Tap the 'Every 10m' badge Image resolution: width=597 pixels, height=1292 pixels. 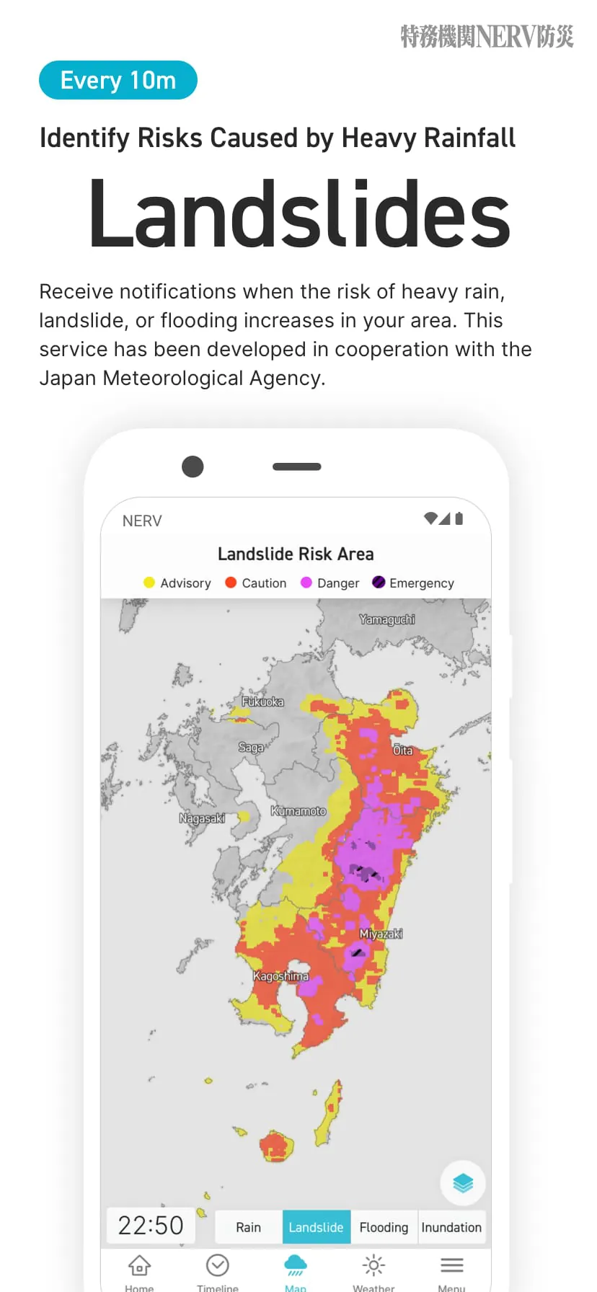pyautogui.click(x=118, y=80)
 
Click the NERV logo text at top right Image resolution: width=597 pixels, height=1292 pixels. pyautogui.click(x=487, y=36)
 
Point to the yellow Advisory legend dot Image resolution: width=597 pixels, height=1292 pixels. pyautogui.click(x=149, y=583)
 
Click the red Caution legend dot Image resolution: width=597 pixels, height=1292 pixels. pyautogui.click(x=231, y=583)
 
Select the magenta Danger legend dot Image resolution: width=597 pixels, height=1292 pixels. pyautogui.click(x=306, y=583)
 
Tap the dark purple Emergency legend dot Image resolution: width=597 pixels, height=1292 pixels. pyautogui.click(x=379, y=583)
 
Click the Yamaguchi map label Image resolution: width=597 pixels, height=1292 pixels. pyautogui.click(x=387, y=619)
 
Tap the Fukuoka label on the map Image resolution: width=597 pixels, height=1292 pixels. pyautogui.click(x=262, y=702)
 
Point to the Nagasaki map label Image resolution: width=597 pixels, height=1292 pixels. pyautogui.click(x=202, y=818)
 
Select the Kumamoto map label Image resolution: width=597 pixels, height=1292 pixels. pyautogui.click(x=298, y=811)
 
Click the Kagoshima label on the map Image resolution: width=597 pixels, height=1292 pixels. pyautogui.click(x=280, y=976)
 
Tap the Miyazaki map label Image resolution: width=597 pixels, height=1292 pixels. pyautogui.click(x=381, y=934)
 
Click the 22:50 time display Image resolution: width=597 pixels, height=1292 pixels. pyautogui.click(x=151, y=1226)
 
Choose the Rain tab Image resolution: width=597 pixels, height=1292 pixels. pyautogui.click(x=248, y=1227)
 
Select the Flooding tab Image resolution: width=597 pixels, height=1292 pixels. pyautogui.click(x=384, y=1227)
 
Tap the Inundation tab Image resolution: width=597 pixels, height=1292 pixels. pyautogui.click(x=451, y=1227)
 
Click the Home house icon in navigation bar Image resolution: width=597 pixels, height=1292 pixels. pyautogui.click(x=139, y=1265)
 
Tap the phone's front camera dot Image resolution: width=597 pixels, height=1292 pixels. pyautogui.click(x=193, y=466)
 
